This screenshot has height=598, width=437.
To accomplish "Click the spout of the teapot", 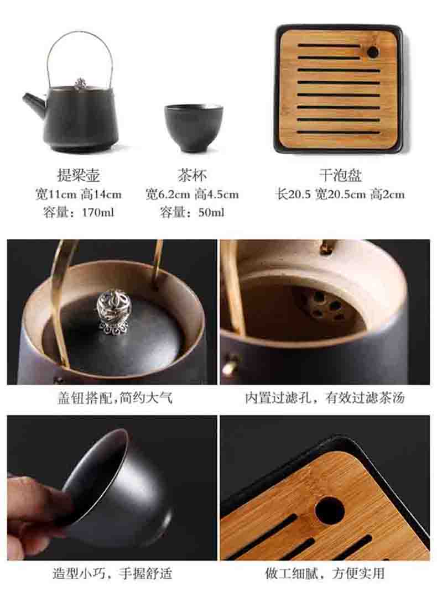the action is (34, 101).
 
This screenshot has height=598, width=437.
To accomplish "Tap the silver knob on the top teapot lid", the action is (80, 84).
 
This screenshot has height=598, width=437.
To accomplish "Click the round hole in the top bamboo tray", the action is (372, 52).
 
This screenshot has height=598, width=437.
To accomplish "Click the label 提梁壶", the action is (79, 175).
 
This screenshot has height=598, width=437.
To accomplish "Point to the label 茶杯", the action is (192, 175).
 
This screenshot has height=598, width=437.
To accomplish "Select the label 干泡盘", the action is (340, 175).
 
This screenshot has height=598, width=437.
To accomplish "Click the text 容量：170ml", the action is (79, 212).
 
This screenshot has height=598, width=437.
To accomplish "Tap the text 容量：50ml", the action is (192, 212).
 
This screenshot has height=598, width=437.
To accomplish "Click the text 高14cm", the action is (101, 194).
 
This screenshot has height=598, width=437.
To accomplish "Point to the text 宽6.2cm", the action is (168, 194).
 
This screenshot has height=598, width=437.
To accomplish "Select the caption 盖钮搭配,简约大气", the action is (115, 398).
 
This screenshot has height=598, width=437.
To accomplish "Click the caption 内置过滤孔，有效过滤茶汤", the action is (324, 398).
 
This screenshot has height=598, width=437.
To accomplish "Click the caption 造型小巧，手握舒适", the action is (112, 573).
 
